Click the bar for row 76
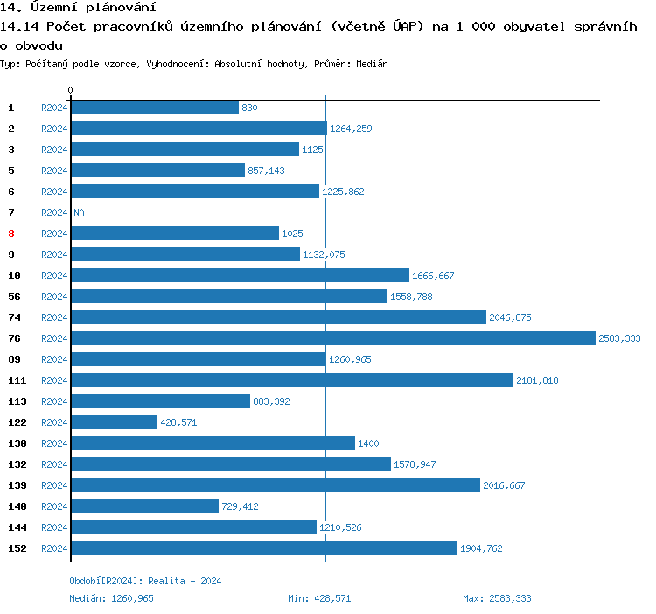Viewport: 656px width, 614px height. click(332, 338)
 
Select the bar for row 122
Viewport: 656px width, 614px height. click(114, 422)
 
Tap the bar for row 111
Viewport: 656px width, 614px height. click(291, 380)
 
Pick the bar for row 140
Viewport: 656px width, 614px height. click(144, 506)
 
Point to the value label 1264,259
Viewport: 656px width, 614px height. click(351, 129)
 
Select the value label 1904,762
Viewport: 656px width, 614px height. click(481, 548)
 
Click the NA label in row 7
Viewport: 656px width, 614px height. click(79, 213)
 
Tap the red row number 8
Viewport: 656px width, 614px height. click(11, 234)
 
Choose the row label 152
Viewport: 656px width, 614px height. click(17, 548)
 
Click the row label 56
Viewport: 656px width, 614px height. click(14, 297)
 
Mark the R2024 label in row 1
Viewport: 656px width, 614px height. click(54, 108)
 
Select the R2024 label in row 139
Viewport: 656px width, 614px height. click(54, 485)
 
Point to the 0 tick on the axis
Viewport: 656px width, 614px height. click(71, 90)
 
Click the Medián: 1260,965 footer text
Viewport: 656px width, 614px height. click(111, 598)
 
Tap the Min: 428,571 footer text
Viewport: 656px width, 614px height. click(319, 598)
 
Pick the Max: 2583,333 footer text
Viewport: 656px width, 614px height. click(497, 598)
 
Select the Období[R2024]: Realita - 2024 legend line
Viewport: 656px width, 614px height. click(145, 581)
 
